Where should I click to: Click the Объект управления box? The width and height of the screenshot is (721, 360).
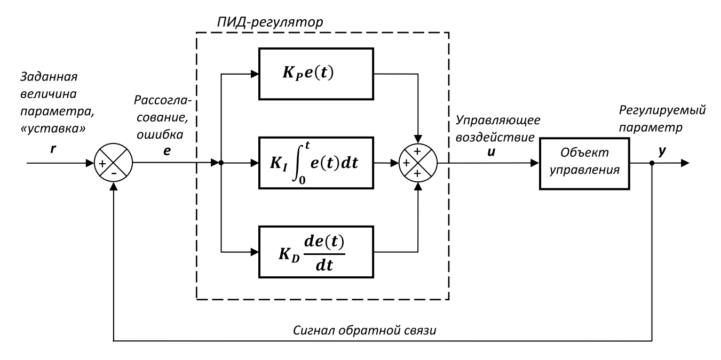tap(584, 163)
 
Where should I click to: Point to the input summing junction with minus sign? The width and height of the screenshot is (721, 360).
tap(113, 163)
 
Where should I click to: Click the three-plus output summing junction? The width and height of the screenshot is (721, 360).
tap(419, 163)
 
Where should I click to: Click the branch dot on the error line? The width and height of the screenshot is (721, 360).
tap(220, 163)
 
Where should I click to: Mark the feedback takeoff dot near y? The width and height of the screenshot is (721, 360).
tap(652, 163)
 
